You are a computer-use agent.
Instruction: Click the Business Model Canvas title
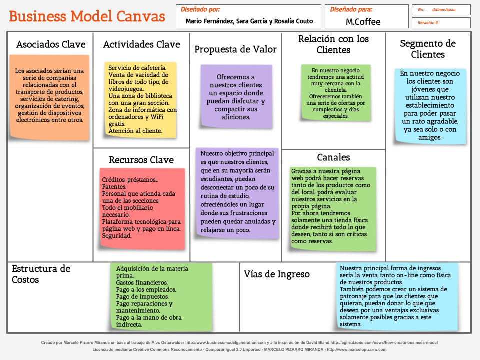pyautogui.click(x=87, y=16)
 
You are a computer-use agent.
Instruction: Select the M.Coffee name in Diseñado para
pyautogui.click(x=363, y=22)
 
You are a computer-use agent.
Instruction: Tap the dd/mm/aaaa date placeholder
pyautogui.click(x=444, y=10)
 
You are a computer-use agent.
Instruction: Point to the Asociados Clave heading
pyautogui.click(x=51, y=44)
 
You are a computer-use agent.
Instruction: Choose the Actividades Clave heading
pyautogui.click(x=141, y=44)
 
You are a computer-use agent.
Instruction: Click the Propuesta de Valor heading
pyautogui.click(x=235, y=49)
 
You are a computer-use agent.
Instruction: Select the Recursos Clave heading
pyautogui.click(x=141, y=160)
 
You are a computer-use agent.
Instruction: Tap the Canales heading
pyautogui.click(x=333, y=157)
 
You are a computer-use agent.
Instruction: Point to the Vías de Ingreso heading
pyautogui.click(x=277, y=274)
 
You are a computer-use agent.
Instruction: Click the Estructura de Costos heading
pyautogui.click(x=41, y=274)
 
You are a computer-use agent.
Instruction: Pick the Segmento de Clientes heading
pyautogui.click(x=428, y=49)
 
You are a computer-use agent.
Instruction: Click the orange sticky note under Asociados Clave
pyautogui.click(x=49, y=98)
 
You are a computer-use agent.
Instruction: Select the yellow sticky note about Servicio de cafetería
pyautogui.click(x=140, y=100)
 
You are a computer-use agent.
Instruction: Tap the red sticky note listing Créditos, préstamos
pyautogui.click(x=142, y=208)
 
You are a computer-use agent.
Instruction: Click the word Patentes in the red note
pyautogui.click(x=114, y=187)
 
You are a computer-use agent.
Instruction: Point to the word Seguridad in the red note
pyautogui.click(x=117, y=236)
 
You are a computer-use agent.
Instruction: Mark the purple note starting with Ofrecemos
pyautogui.click(x=236, y=96)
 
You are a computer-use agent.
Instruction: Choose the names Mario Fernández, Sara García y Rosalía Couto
pyautogui.click(x=249, y=21)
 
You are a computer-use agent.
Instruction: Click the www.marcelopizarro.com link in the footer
pyautogui.click(x=357, y=349)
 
